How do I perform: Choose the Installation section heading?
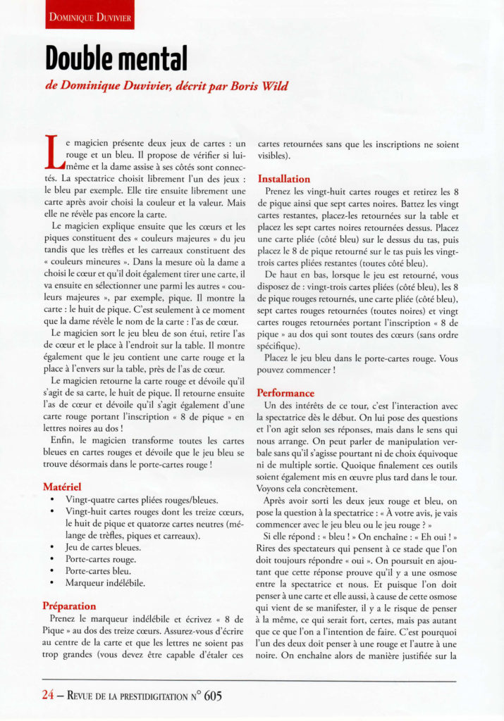(x=283, y=179)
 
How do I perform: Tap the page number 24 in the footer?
(x=48, y=696)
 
